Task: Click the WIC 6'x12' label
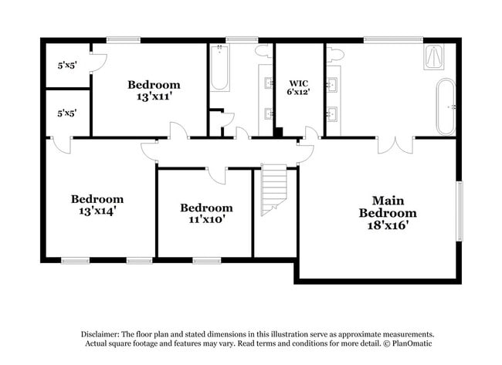(298, 88)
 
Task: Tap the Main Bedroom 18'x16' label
(394, 213)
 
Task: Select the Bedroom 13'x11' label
(154, 91)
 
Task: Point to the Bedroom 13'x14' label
(97, 204)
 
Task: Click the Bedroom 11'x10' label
(206, 213)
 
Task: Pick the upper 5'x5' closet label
(66, 65)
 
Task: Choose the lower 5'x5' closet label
(66, 113)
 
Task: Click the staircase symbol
(273, 189)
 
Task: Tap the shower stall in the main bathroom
(434, 58)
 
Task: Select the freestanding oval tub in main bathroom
(446, 106)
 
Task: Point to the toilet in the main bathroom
(335, 54)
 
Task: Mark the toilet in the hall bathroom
(263, 52)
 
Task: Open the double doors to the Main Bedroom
(395, 145)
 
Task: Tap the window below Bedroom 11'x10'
(207, 261)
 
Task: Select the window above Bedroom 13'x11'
(123, 39)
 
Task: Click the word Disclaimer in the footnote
(105, 333)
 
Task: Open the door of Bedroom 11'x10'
(217, 174)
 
